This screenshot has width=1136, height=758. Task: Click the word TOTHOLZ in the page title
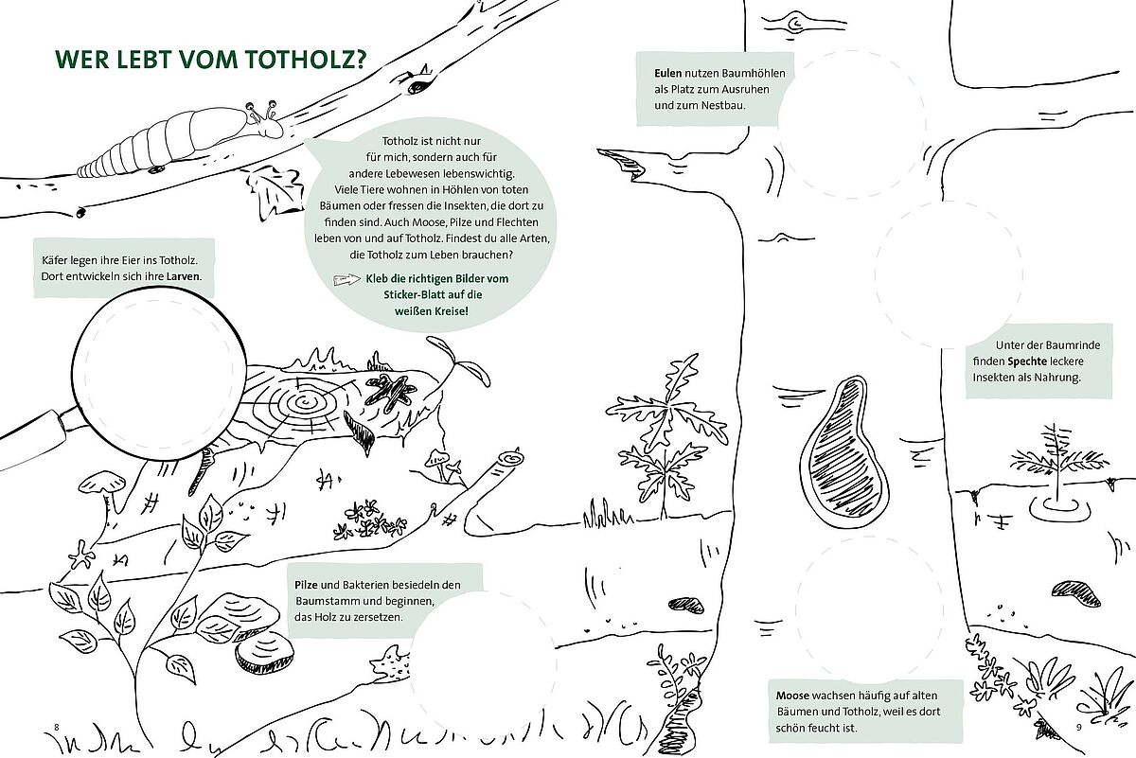point(305,60)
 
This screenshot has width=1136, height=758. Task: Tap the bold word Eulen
point(667,73)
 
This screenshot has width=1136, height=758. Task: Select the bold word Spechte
point(1027,361)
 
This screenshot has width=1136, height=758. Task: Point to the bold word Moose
point(792,696)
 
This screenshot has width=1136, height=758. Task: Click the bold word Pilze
point(306,585)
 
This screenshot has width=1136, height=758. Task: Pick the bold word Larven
point(184,277)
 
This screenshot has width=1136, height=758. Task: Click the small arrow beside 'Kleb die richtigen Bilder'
point(347,279)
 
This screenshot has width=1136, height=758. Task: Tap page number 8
point(57,727)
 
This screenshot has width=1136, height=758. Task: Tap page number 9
point(1078,727)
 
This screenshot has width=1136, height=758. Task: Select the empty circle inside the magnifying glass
point(160,374)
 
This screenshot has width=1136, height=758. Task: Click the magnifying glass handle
point(36,440)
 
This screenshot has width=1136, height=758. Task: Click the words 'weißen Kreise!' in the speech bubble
point(432,310)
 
